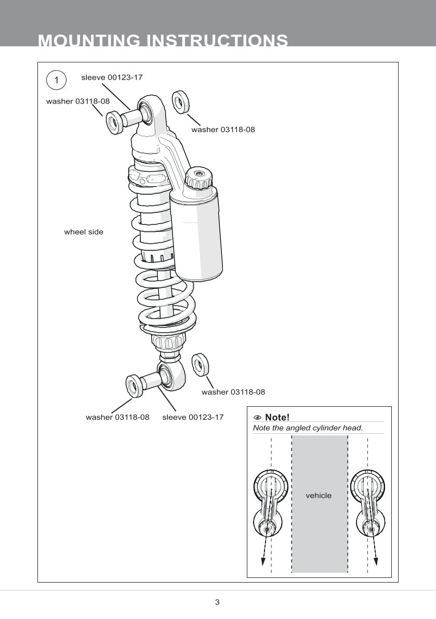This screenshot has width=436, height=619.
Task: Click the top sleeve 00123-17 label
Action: pyautogui.click(x=112, y=78)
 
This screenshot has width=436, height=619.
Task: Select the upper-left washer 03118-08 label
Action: pyautogui.click(x=78, y=101)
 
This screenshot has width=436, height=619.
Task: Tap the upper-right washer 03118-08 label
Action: pyautogui.click(x=223, y=130)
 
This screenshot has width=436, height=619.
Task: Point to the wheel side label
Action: pyautogui.click(x=84, y=232)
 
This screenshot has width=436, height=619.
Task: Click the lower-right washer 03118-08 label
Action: pyautogui.click(x=233, y=392)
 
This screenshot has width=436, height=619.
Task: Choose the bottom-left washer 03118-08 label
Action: pyautogui.click(x=117, y=417)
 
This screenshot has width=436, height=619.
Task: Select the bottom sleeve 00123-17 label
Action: pyautogui.click(x=193, y=417)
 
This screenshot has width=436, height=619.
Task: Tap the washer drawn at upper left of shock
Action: pyautogui.click(x=114, y=123)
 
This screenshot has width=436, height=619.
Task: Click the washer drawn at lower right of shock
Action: pyautogui.click(x=200, y=364)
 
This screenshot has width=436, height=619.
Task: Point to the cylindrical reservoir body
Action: pyautogui.click(x=198, y=234)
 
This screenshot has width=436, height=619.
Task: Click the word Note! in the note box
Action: pyautogui.click(x=277, y=417)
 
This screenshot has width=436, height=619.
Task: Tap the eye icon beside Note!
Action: pyautogui.click(x=257, y=418)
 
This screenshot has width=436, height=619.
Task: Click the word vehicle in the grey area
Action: pyautogui.click(x=318, y=496)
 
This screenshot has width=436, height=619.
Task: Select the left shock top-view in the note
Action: pyautogui.click(x=269, y=505)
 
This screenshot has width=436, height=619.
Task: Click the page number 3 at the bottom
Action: pyautogui.click(x=217, y=602)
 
